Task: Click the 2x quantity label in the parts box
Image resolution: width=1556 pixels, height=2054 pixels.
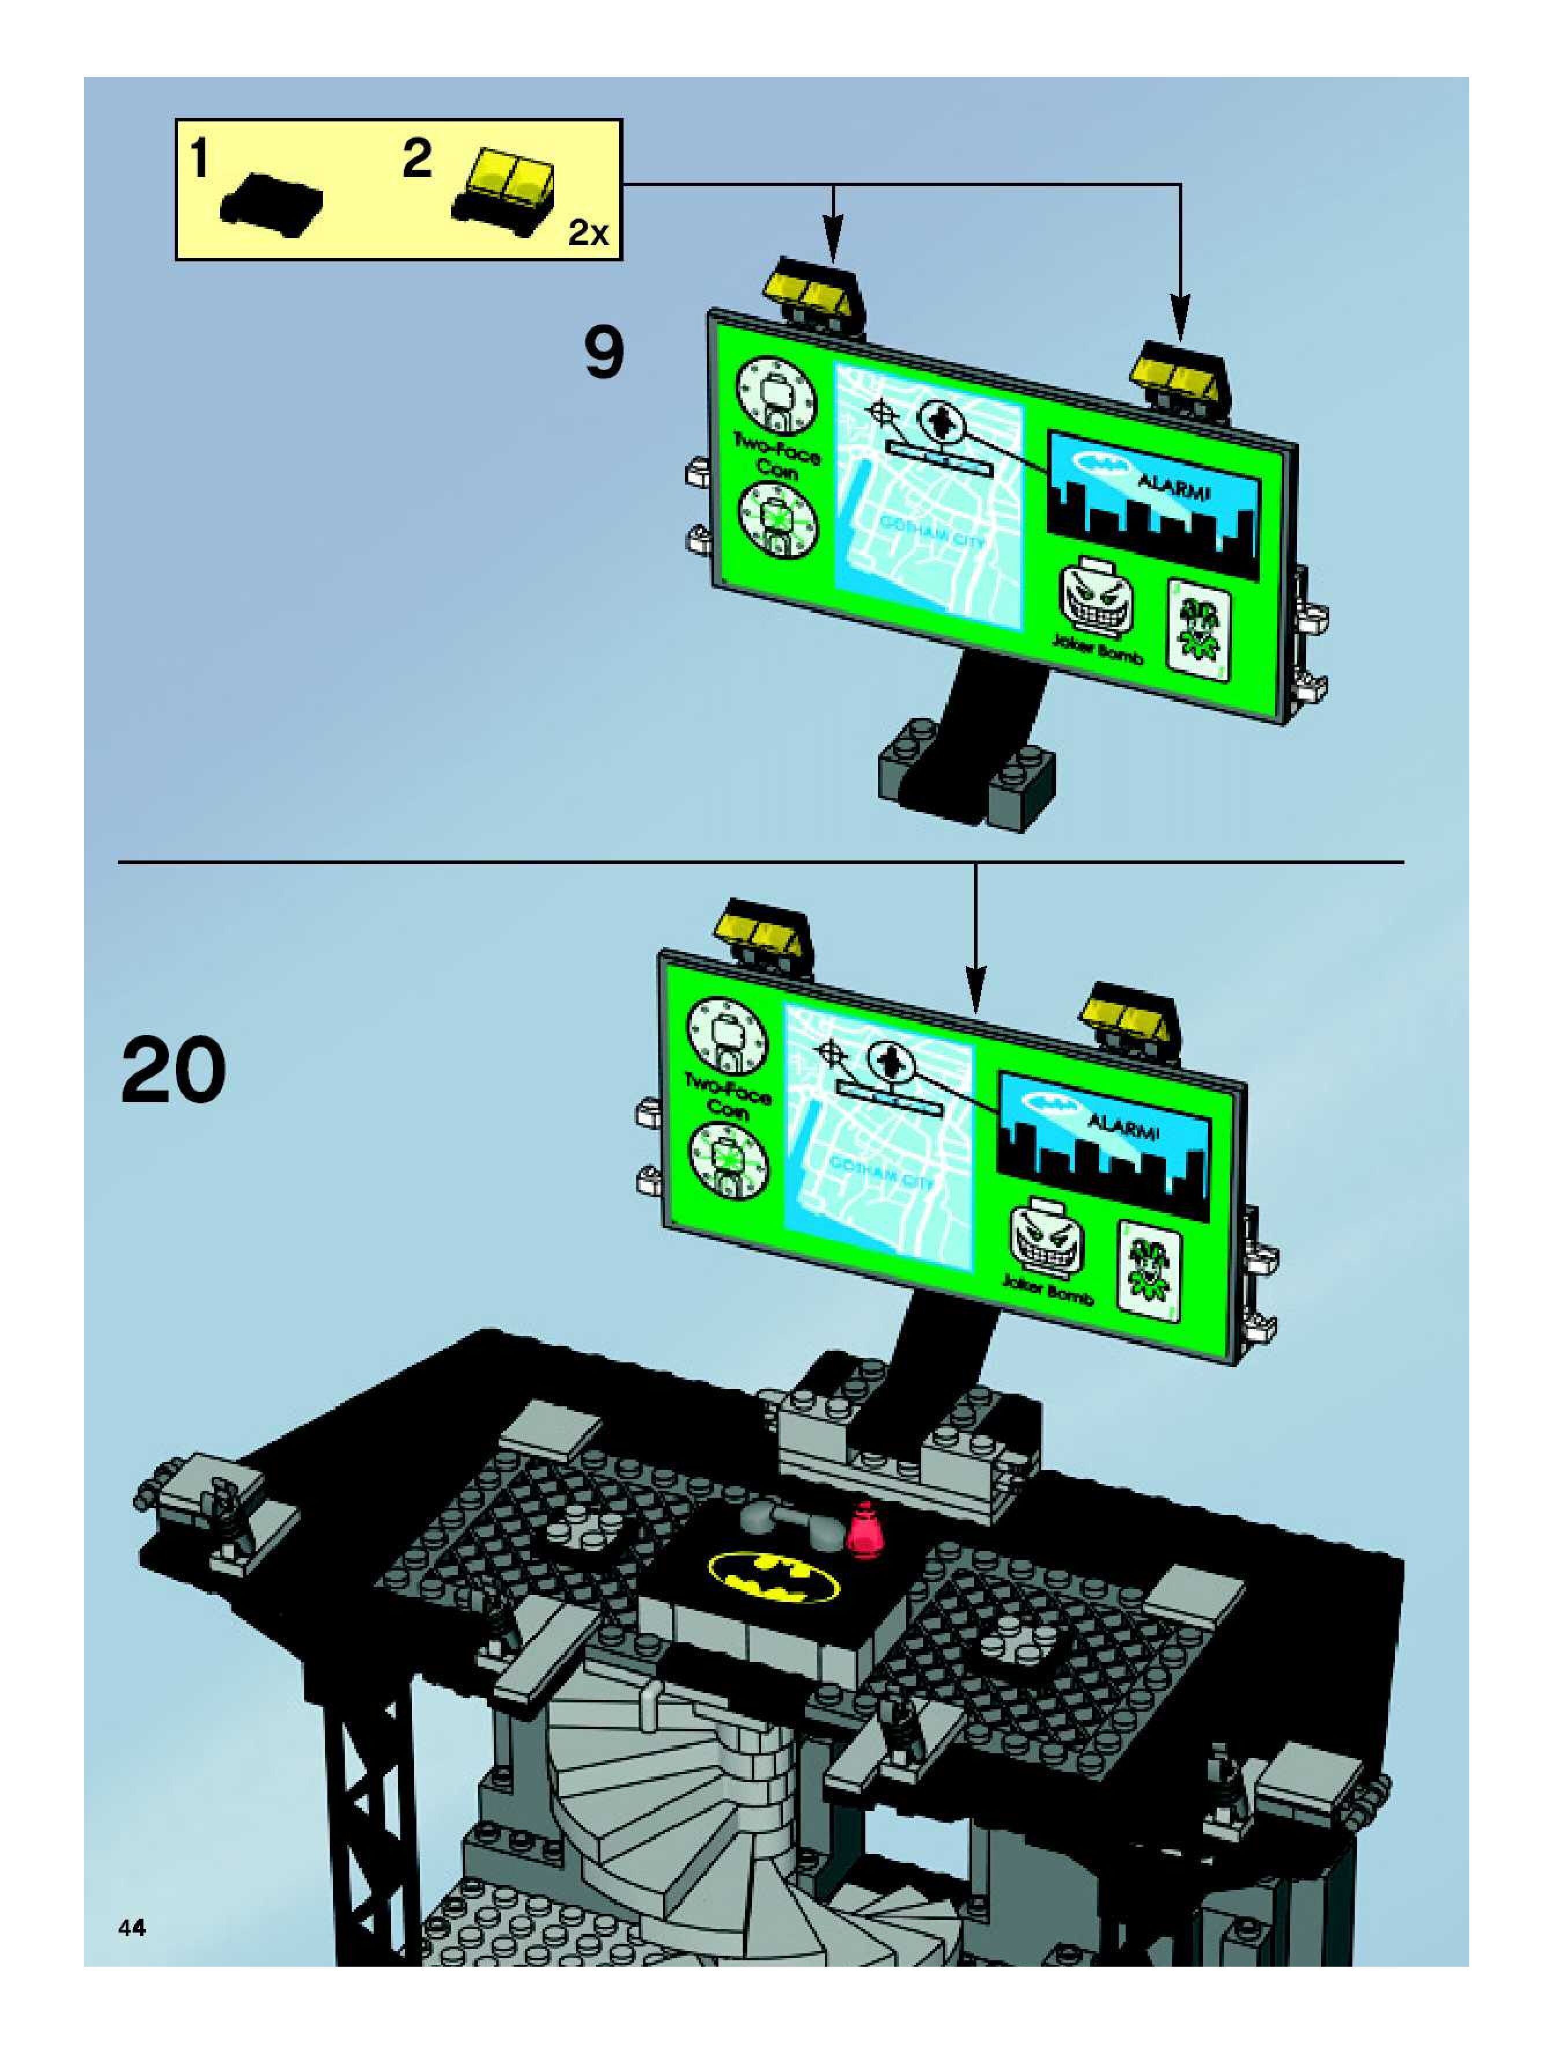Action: [588, 233]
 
